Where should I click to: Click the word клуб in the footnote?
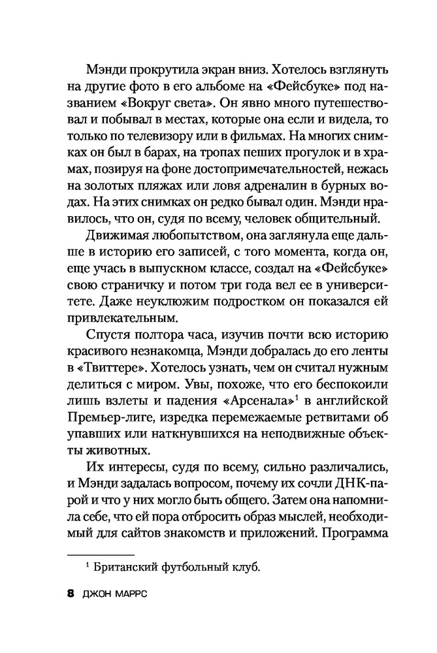tap(248, 567)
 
